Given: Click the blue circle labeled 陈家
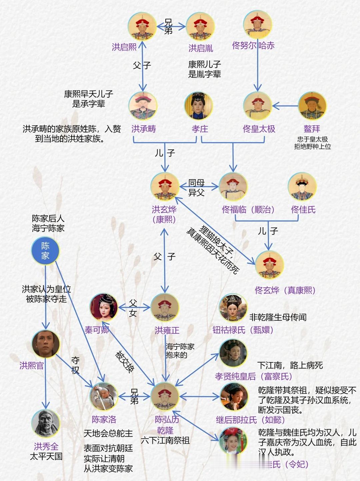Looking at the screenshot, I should click(x=45, y=250).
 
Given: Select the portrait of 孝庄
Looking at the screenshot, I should click(x=199, y=106).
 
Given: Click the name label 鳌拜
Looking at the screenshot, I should click(x=312, y=129).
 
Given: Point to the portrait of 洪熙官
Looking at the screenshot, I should click(x=46, y=344).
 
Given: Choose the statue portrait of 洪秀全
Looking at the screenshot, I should click(x=46, y=423).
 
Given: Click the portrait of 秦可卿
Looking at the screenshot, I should click(x=104, y=307).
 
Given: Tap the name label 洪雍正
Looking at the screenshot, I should click(x=167, y=330).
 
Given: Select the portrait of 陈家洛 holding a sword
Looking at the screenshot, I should click(x=104, y=396).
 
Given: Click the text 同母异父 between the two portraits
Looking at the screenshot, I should click(x=196, y=188).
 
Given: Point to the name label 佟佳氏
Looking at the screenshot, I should click(x=303, y=210).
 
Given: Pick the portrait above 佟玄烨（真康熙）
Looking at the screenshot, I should click(x=269, y=265).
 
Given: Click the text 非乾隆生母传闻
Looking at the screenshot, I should click(x=278, y=317).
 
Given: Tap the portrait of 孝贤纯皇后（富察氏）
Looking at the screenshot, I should click(x=233, y=353).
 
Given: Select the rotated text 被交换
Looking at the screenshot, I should click(x=125, y=362).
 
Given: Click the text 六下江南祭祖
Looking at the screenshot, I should click(x=165, y=440).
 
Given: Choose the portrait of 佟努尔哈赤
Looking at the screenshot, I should click(x=257, y=25).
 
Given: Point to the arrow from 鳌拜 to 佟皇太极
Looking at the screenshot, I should click(x=285, y=106).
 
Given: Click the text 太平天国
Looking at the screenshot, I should click(x=46, y=456).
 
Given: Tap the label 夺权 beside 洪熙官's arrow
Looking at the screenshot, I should click(x=76, y=365).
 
